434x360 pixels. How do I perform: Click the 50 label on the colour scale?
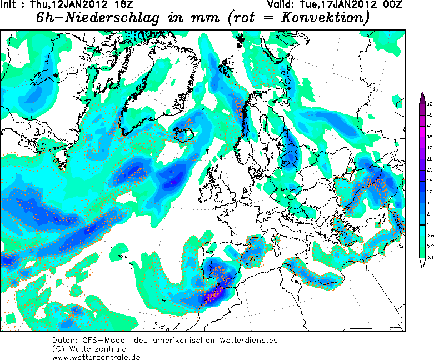click(429, 104)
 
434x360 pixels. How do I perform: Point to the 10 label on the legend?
click(429, 191)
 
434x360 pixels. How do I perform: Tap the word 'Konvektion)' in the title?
click(328, 18)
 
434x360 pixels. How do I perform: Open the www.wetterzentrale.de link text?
click(96, 356)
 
